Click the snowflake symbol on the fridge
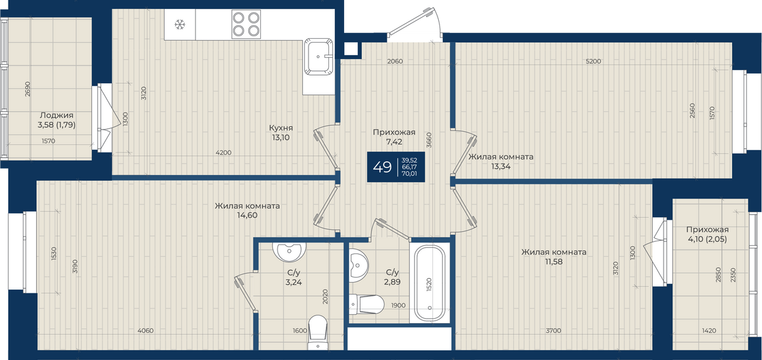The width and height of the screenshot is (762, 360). pos(180,25)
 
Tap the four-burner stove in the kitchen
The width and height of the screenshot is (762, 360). pos(246,24)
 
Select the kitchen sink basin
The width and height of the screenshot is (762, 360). pos(318,57)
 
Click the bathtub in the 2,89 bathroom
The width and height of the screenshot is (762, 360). pos(430,283)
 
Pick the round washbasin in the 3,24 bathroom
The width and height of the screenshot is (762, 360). pos(289,252)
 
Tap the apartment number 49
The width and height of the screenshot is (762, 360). pos(382,167)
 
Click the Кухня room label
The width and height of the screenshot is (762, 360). pos(281,128)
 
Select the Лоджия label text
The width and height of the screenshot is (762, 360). pos(57,116)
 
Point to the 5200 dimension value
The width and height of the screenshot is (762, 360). pos(593,61)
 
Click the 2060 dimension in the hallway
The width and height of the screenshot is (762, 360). pos(395,61)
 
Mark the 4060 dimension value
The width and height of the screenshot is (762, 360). pos(145,330)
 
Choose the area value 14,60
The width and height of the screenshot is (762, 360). pos(247,215)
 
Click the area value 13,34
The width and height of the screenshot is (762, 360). pos(501,166)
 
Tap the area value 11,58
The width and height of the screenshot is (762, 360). pos(554,262)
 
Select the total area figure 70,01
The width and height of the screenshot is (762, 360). pos(409,173)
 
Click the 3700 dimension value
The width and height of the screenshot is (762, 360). pos(554,330)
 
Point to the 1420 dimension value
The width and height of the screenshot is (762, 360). pos(709,330)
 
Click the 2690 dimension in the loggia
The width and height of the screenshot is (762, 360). pos(27,89)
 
